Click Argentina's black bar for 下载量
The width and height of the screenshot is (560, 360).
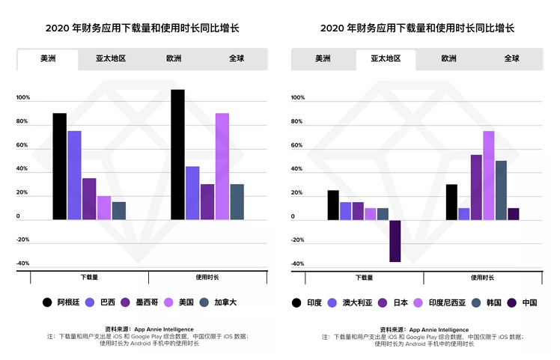(x=59, y=166)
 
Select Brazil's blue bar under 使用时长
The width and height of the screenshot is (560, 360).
(x=192, y=193)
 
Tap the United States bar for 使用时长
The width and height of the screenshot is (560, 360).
(x=222, y=166)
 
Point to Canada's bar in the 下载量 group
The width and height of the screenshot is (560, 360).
(x=118, y=210)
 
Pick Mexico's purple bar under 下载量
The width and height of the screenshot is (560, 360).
(x=89, y=198)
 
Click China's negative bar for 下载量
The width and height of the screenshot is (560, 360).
(x=395, y=240)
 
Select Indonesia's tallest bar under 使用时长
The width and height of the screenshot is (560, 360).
(x=488, y=175)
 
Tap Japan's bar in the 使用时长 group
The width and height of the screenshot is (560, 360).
(x=476, y=187)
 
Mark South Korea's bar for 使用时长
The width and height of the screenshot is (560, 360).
(x=501, y=190)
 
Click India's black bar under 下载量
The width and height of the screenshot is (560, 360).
(x=333, y=205)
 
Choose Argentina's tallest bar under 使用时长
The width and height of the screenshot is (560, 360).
(x=177, y=154)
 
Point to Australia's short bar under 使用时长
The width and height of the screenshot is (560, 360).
(x=463, y=214)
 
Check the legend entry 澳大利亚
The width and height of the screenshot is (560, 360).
(x=352, y=302)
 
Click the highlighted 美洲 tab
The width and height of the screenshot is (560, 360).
(x=48, y=59)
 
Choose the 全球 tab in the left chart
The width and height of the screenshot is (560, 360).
(x=237, y=59)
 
